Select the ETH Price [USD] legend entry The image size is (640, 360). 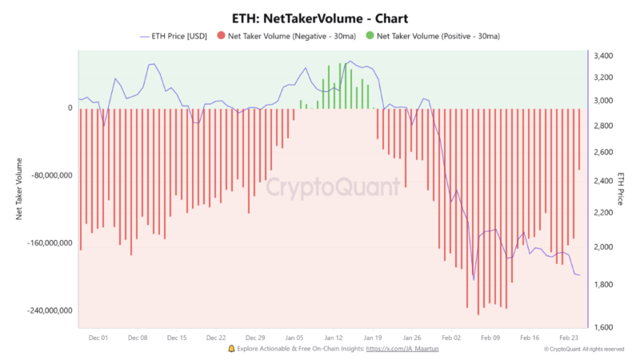tap(175, 37)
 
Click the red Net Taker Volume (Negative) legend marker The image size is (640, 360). tap(221, 37)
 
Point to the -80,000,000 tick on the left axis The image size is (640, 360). tap(45, 175)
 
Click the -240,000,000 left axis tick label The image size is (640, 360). tap(43, 310)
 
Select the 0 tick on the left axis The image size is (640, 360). tap(70, 108)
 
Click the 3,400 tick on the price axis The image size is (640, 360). tap(604, 56)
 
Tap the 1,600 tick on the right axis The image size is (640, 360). tap(604, 327)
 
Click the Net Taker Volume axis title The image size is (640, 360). tap(19, 188)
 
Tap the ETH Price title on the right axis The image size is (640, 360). tap(622, 188)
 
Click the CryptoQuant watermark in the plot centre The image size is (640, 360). tap(332, 188)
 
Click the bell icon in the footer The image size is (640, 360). tap(231, 349)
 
